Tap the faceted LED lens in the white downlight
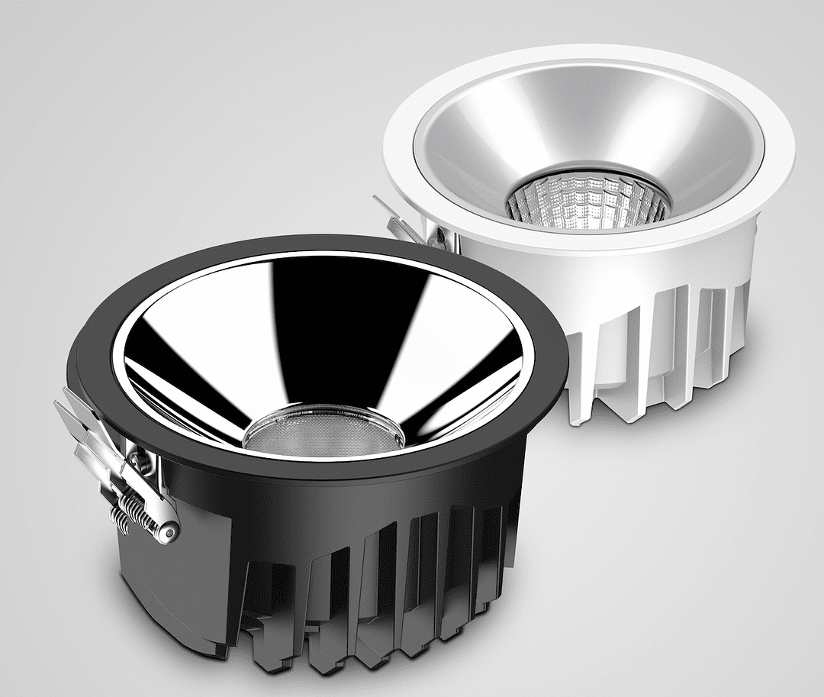pyautogui.click(x=588, y=201)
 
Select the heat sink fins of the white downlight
pyautogui.click(x=656, y=344)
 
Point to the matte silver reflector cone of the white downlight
pyautogui.click(x=488, y=137)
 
